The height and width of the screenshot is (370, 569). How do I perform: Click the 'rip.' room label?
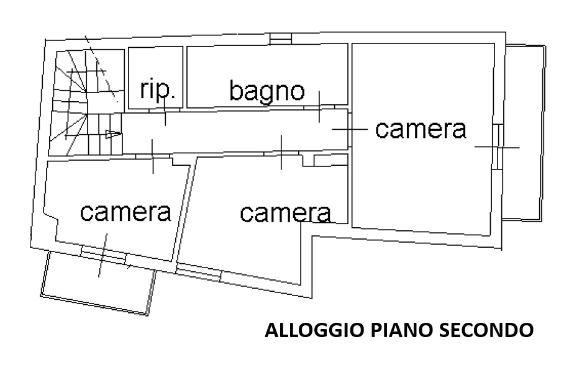click(158, 91)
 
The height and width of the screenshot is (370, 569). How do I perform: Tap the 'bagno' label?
click(267, 91)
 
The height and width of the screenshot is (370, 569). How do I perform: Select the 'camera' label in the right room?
click(421, 129)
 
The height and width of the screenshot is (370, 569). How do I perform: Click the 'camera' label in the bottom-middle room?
click(285, 213)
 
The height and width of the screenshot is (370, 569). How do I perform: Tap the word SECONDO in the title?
click(487, 330)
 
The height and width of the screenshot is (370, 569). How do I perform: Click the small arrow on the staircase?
click(112, 133)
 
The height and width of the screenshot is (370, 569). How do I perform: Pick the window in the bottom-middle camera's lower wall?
click(199, 271)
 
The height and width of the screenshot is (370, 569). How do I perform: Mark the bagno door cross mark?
click(319, 107)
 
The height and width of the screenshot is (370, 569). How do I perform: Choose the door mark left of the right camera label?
click(348, 129)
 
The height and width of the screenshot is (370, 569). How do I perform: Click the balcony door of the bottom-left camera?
click(103, 253)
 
